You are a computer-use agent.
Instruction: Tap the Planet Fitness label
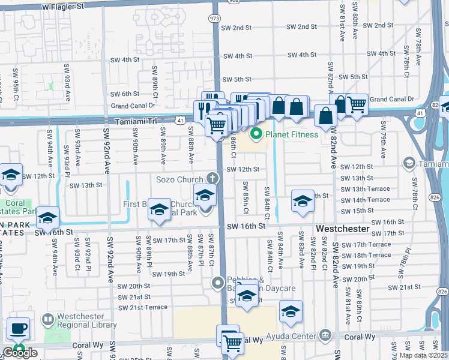(x=293, y=134)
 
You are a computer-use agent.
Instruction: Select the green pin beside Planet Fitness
(x=257, y=134)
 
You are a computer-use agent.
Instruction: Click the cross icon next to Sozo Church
(x=211, y=178)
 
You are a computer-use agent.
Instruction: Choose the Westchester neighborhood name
(x=342, y=229)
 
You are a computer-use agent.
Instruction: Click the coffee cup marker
(x=18, y=329)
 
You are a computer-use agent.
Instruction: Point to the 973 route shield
(x=214, y=18)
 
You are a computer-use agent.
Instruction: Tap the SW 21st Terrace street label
(x=143, y=308)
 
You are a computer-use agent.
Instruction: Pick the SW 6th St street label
(x=125, y=94)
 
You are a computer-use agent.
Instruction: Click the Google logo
(x=20, y=353)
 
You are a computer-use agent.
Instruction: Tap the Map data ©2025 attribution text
(x=423, y=355)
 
